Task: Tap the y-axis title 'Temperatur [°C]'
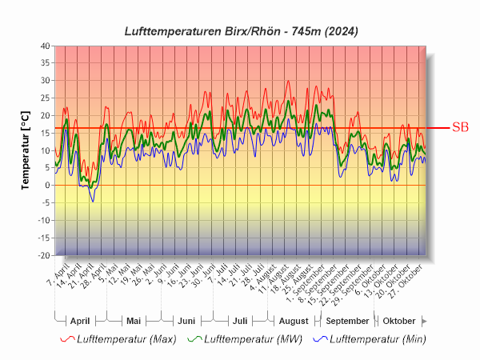point(26,151)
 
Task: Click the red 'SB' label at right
point(460,127)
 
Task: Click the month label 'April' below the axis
point(80,321)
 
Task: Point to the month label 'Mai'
point(134,321)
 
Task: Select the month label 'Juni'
point(186,321)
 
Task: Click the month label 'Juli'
point(239,321)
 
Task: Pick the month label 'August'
point(293,321)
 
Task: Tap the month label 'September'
point(346,321)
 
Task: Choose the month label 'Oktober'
point(399,321)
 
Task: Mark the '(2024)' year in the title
point(337,31)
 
